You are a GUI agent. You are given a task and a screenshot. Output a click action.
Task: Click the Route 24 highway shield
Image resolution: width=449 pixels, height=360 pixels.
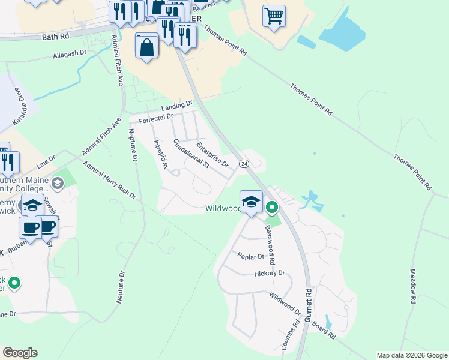(x=244, y=163)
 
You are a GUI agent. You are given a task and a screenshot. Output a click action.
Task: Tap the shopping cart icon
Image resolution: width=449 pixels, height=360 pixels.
(x=274, y=16)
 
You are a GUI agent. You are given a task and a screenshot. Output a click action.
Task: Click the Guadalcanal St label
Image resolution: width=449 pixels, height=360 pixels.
(x=190, y=154)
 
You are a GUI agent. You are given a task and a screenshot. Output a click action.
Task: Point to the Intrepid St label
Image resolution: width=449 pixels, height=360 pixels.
(x=160, y=154)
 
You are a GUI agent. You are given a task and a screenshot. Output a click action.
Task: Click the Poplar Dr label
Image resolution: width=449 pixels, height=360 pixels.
(x=250, y=256)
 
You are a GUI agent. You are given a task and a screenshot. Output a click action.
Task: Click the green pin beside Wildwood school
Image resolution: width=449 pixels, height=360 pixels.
(x=272, y=208)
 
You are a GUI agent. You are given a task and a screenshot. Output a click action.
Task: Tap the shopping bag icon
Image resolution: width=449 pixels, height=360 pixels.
(x=147, y=46)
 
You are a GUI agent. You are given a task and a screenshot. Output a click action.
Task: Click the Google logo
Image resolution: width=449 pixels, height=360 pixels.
(x=20, y=353)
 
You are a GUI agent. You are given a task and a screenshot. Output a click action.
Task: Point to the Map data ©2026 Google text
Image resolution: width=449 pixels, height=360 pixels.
(x=411, y=355)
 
